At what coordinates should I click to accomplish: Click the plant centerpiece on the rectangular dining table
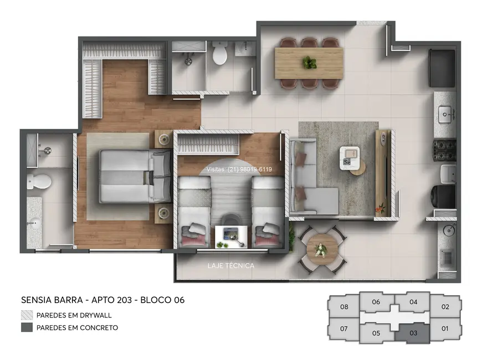[309, 62]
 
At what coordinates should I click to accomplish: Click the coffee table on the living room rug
[352, 159]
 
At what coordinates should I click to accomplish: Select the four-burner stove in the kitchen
[445, 150]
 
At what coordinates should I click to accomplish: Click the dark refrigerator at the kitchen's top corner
[442, 68]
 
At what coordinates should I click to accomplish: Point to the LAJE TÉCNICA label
[230, 266]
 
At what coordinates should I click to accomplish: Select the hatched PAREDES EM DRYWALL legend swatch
[27, 315]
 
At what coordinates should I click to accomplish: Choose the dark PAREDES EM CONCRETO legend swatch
[27, 327]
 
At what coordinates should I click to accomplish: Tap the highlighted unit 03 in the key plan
[413, 332]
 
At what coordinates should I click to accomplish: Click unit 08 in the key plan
[344, 307]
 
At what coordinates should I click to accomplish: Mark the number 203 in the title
[123, 300]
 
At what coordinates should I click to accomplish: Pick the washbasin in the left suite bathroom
[36, 225]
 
